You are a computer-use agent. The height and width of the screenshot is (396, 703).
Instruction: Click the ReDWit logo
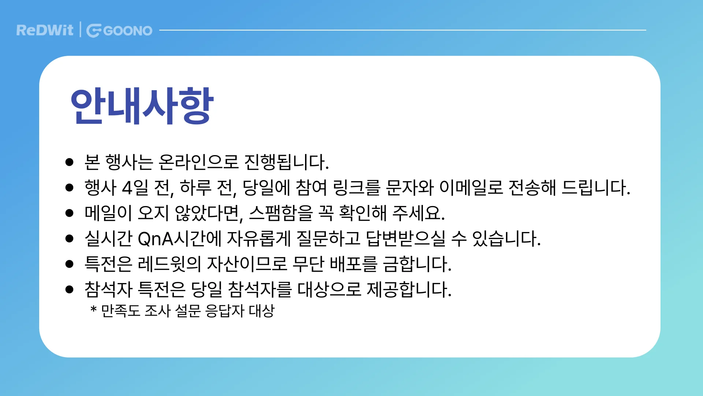45,30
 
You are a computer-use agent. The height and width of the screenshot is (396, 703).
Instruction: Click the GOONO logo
119,30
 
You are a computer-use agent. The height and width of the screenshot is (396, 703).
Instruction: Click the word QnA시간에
179,239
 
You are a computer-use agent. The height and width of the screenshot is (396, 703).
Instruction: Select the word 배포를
353,264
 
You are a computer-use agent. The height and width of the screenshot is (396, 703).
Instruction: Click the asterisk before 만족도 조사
93,310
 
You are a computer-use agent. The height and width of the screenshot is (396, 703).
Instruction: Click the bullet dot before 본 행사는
69,162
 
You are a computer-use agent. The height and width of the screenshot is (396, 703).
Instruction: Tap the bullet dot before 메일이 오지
69,213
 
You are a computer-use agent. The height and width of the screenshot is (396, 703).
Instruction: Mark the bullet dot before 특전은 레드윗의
69,264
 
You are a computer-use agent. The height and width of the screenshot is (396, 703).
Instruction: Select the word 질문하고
328,239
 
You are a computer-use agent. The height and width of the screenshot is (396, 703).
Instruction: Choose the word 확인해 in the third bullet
362,213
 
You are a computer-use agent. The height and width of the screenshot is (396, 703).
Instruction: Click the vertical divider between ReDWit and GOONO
80,30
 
